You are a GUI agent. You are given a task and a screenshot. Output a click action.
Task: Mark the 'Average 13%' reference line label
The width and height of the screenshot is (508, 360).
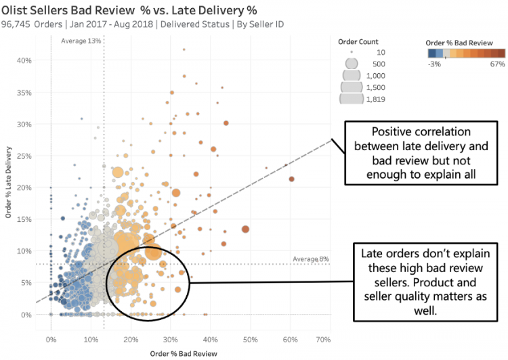pos(81,41)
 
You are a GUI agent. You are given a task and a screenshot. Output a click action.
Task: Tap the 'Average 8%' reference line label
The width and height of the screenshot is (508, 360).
pos(311,258)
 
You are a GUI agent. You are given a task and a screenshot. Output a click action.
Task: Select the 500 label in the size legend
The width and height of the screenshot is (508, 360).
pos(379,64)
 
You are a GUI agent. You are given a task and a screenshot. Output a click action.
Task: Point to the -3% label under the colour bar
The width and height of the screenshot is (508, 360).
pos(434,64)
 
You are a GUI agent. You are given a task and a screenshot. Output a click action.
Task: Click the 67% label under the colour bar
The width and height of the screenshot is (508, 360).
pos(498,64)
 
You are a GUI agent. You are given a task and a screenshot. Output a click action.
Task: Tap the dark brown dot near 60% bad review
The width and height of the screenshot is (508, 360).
pos(291,179)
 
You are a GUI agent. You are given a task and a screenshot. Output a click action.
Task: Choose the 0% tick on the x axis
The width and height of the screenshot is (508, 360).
pos(51,338)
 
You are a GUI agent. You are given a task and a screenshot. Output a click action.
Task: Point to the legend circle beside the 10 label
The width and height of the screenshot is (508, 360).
pos(351,52)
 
